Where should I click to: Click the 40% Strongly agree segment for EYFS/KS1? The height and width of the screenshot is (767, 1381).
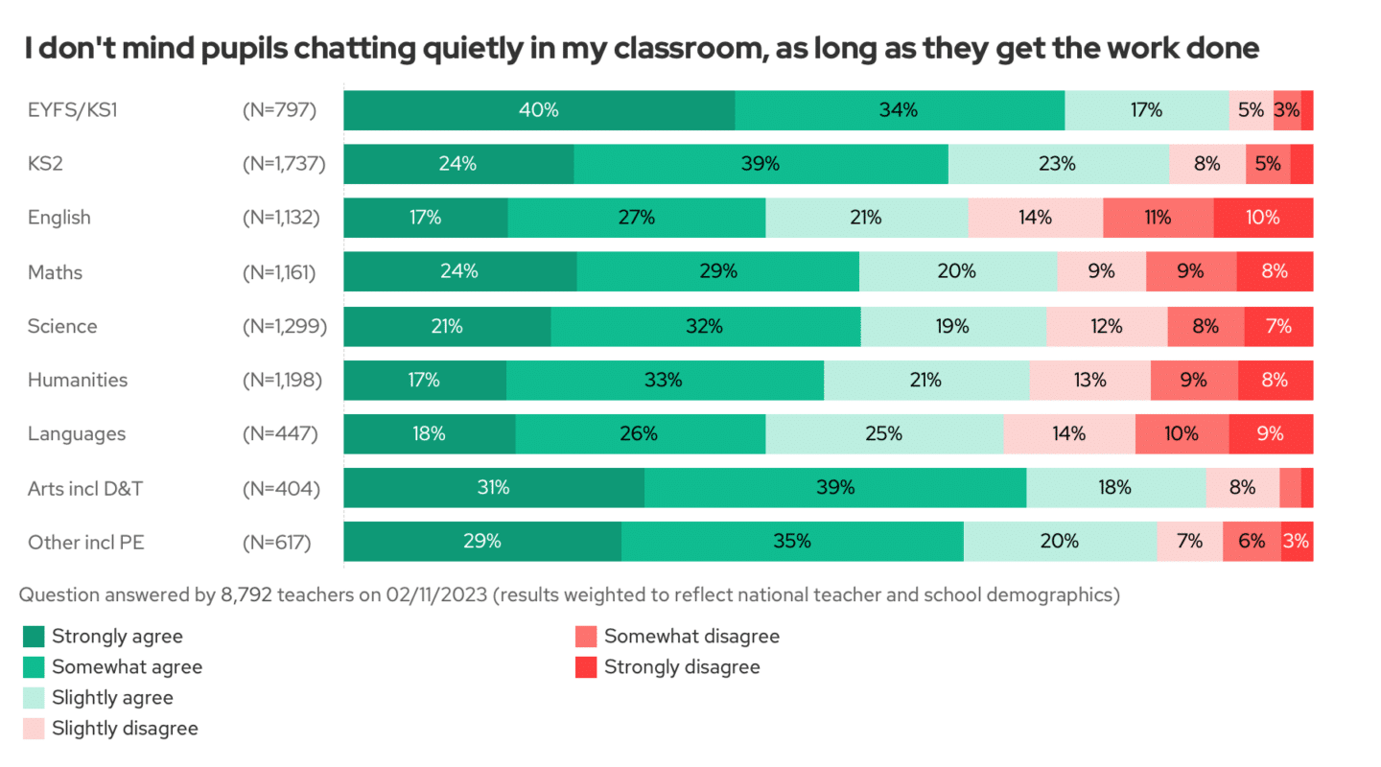point(539,110)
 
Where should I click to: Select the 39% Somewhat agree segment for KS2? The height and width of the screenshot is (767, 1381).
point(761,164)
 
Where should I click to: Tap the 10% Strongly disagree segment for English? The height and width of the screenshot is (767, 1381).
point(1263,218)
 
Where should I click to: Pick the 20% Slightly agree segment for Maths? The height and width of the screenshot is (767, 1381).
point(957,271)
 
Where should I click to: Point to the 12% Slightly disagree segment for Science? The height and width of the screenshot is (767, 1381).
point(1106,326)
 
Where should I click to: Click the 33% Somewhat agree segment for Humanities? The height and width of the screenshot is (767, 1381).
point(664,380)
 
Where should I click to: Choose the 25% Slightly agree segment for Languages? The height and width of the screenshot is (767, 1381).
point(883,433)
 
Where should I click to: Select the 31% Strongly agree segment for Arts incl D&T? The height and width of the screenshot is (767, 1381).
point(493,488)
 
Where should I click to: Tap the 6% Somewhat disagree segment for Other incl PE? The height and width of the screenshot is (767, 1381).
point(1252,542)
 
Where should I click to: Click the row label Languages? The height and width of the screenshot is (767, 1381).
point(77,433)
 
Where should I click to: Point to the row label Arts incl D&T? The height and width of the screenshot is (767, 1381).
point(85,488)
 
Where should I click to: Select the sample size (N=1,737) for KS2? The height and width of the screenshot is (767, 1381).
point(284,164)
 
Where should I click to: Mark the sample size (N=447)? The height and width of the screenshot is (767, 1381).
point(280,433)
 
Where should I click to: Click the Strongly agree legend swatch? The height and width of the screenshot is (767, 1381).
point(34,636)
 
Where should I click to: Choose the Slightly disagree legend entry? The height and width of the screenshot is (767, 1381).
point(125,728)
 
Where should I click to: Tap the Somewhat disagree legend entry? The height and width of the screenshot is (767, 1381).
point(691,636)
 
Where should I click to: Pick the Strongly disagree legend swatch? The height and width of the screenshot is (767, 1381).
point(586,666)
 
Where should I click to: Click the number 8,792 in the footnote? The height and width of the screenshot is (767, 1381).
point(247,594)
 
